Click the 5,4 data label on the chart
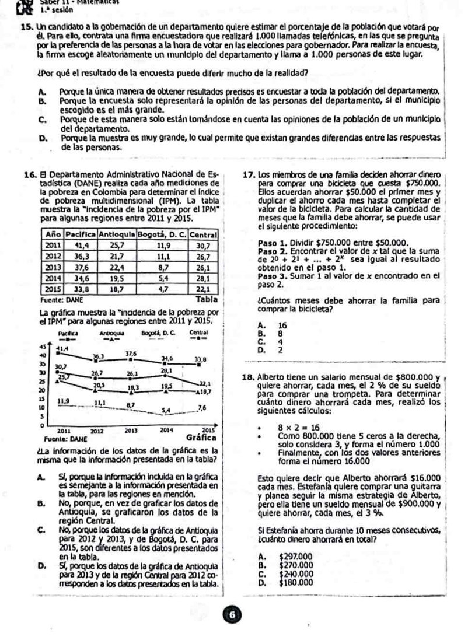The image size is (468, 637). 167,410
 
